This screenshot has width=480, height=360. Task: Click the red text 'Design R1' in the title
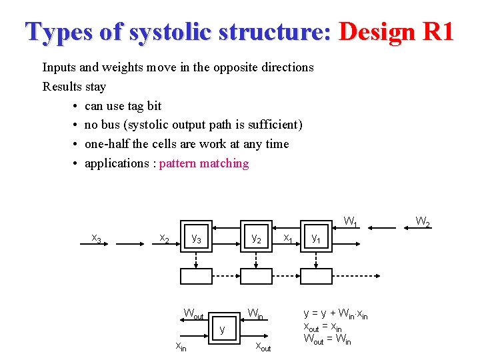tap(396, 31)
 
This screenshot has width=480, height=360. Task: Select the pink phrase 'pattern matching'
tap(204, 163)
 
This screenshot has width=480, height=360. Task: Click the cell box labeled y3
tap(196, 237)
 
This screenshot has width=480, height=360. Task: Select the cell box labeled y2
tap(256, 237)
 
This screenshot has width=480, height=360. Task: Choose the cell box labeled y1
tap(316, 237)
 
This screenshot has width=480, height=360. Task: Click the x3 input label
tap(97, 239)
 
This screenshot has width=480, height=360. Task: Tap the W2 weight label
tap(423, 221)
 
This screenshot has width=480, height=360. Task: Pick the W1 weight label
tap(351, 221)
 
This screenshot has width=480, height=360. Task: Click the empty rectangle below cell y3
tap(196, 276)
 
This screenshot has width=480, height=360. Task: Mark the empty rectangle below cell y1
tap(316, 276)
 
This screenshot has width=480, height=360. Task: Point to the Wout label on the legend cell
tap(193, 314)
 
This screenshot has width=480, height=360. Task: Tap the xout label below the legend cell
tap(263, 346)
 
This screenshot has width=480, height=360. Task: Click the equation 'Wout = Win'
tap(328, 339)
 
